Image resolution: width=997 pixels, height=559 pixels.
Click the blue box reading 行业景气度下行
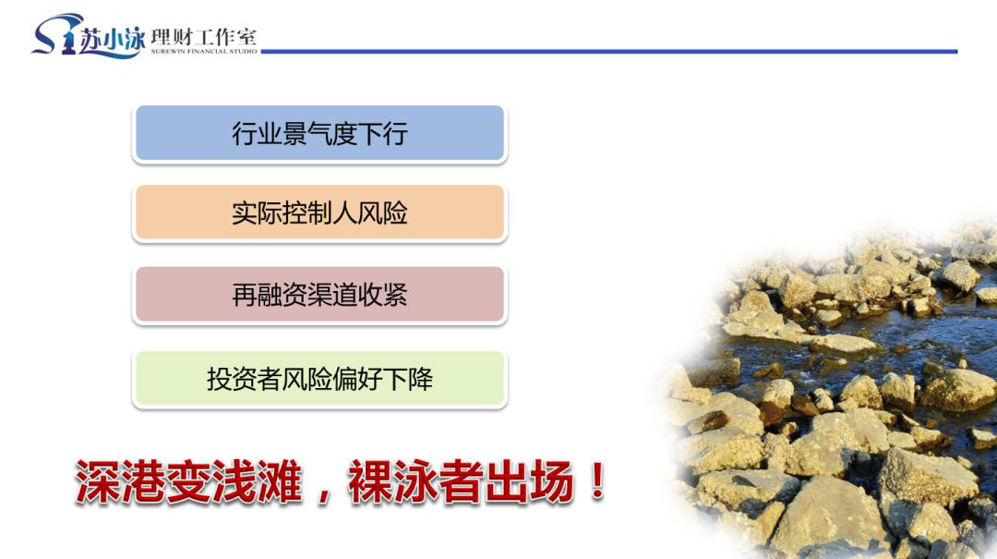pyautogui.click(x=319, y=133)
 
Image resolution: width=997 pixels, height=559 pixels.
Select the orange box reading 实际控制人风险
pyautogui.click(x=319, y=213)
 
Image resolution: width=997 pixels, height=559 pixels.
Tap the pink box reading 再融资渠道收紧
pyautogui.click(x=319, y=295)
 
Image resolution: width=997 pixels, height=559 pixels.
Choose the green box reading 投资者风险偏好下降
pyautogui.click(x=319, y=378)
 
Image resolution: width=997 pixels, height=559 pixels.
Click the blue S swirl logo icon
pyautogui.click(x=55, y=35)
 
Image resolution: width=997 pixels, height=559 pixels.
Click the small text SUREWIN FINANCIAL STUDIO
pyautogui.click(x=204, y=52)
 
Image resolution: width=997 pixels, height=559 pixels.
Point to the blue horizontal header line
pyautogui.click(x=609, y=52)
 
